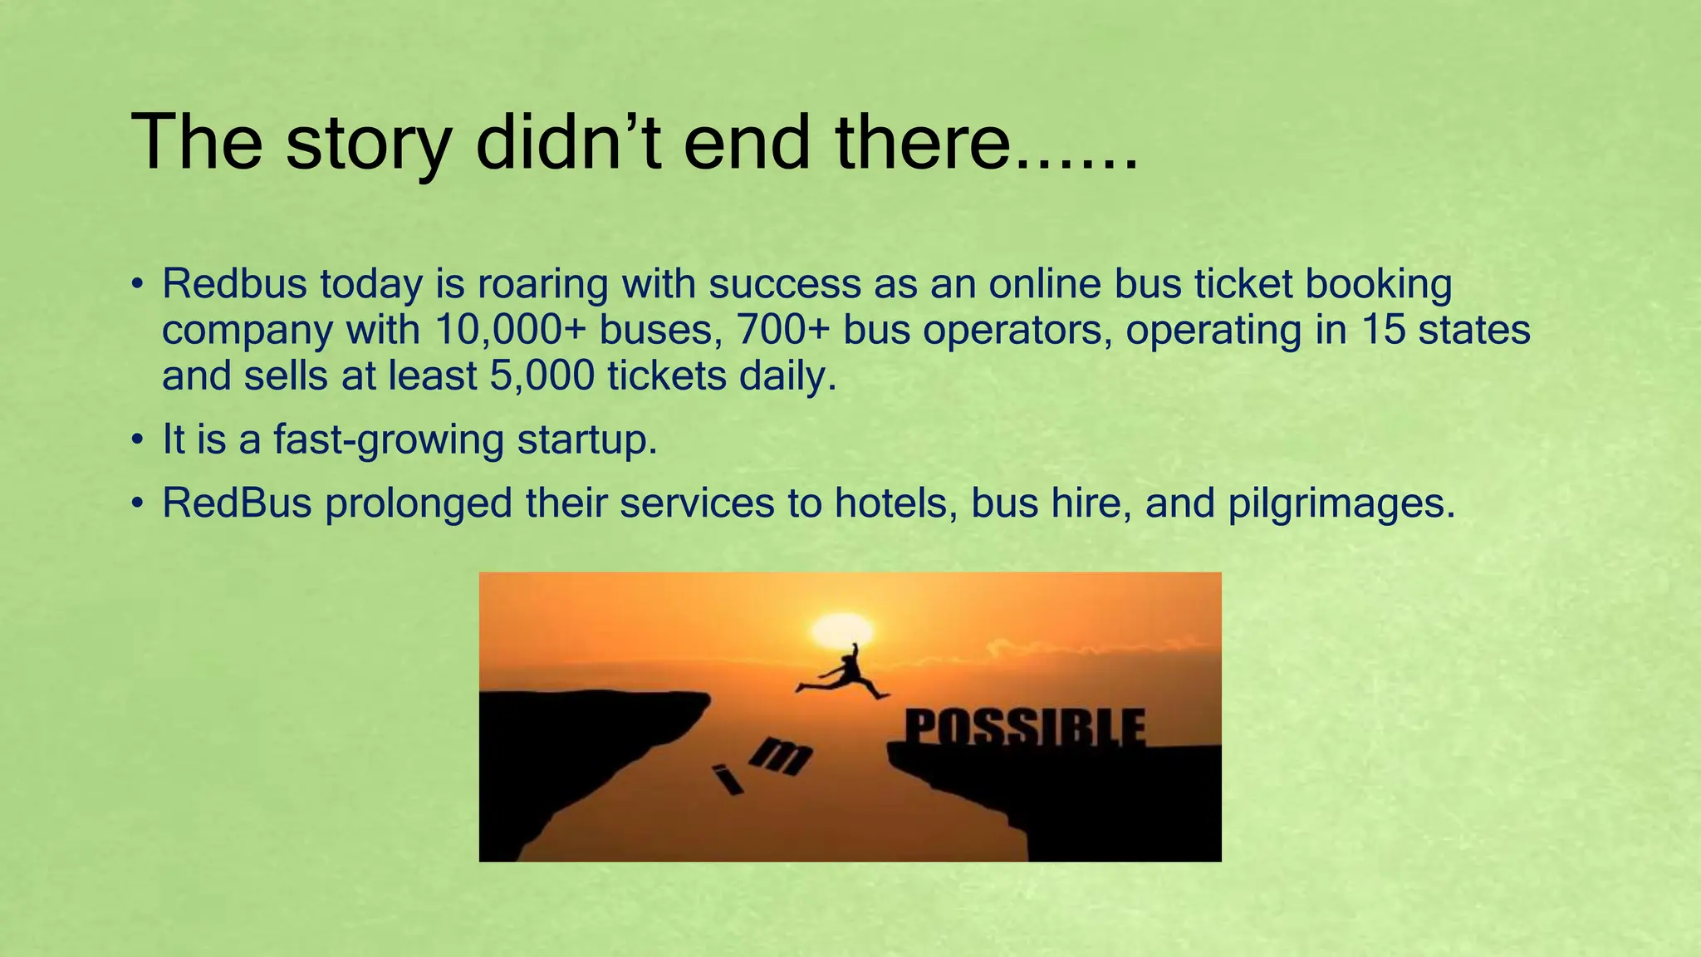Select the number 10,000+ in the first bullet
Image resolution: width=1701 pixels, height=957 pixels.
point(510,330)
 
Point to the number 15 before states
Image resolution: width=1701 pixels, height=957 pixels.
point(1382,330)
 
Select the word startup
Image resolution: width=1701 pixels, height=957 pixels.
point(587,439)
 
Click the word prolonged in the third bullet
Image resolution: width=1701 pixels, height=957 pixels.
point(419,503)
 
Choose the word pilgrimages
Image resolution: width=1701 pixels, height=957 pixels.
point(1341,503)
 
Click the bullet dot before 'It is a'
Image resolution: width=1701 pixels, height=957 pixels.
point(137,440)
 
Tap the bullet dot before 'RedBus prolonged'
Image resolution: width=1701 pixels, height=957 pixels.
point(137,503)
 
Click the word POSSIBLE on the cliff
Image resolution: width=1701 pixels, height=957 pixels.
point(1025,729)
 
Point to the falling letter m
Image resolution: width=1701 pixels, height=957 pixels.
point(781,755)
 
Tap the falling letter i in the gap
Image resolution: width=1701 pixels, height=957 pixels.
point(728,780)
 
